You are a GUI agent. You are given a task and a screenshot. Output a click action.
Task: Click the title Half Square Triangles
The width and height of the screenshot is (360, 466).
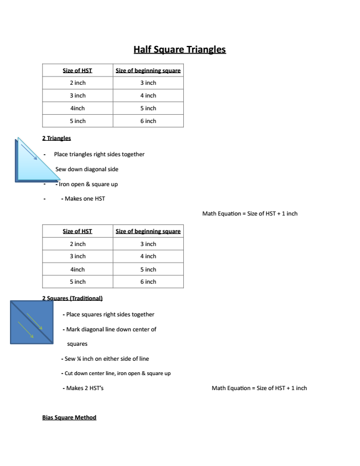(x=179, y=49)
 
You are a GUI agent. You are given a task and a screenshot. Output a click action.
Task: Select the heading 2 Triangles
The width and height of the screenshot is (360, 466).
(x=56, y=138)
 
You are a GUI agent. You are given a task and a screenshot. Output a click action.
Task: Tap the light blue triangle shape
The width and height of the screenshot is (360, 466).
(x=30, y=166)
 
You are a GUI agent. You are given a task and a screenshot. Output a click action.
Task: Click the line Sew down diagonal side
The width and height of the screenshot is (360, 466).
(x=86, y=169)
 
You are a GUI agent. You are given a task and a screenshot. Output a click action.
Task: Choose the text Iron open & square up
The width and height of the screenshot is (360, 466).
(x=88, y=184)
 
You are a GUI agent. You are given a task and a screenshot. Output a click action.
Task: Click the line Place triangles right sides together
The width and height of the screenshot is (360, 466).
(x=99, y=154)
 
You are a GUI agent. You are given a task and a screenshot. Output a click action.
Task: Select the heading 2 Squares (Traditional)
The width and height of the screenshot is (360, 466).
(x=73, y=298)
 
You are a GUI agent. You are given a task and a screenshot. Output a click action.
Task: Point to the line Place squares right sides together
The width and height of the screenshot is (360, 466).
(x=110, y=314)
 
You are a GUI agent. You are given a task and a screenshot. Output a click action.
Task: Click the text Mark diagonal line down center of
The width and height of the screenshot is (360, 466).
(x=111, y=329)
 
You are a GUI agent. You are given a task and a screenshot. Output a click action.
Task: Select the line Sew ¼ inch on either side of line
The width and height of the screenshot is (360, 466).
(x=107, y=359)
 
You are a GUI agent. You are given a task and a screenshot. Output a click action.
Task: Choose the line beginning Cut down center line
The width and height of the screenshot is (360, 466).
(x=117, y=373)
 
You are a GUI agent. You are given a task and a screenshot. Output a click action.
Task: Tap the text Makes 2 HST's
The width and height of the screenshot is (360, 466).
(x=85, y=388)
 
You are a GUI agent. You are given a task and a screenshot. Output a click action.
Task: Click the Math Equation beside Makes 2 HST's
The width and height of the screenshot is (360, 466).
(x=259, y=388)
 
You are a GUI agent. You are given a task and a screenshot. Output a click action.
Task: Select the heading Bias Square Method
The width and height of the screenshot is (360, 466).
(x=69, y=417)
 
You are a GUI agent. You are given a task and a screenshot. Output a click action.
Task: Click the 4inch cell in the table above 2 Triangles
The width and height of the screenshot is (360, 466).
(x=78, y=108)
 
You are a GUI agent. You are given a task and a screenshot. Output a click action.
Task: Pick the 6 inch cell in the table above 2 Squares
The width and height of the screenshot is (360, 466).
(x=148, y=281)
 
